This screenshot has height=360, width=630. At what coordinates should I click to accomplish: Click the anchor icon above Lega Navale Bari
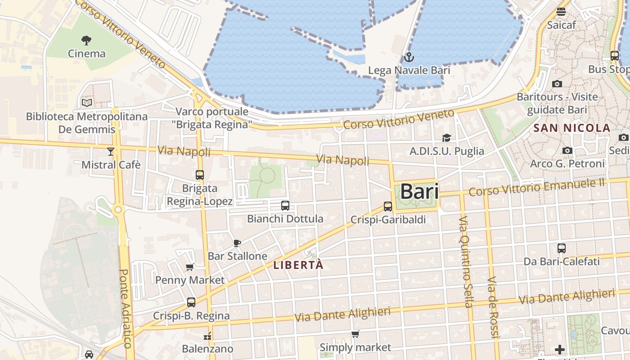coord(409,57)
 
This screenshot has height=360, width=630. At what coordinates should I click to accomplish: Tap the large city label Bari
coord(419,192)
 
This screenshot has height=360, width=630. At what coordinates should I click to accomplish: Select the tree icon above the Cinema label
coord(86,40)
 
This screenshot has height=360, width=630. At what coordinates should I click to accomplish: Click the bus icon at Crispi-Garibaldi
coord(388,207)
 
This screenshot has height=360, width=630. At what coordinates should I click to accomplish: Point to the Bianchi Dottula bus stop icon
coord(285,206)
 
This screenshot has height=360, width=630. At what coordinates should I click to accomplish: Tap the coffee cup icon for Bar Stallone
coord(237,243)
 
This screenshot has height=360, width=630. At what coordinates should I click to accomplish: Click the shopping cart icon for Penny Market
coord(190,267)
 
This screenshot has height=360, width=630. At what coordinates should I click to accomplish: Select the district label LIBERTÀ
coord(298,265)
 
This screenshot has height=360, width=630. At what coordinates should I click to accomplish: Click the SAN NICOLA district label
coord(571,128)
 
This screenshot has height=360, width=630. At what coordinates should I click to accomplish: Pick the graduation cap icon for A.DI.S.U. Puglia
coord(446,138)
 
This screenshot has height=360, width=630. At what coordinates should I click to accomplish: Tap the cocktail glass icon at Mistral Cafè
coord(111,152)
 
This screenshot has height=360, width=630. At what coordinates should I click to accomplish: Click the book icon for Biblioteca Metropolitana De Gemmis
coord(87,103)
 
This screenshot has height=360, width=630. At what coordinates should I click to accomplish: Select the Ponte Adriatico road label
coord(126,308)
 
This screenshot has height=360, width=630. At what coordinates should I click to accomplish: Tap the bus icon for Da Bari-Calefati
coord(562,248)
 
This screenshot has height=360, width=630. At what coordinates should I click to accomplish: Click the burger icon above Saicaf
coord(561,12)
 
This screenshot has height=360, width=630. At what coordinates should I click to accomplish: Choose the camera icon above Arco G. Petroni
coord(567,150)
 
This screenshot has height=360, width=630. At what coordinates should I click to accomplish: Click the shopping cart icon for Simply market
coord(355,334)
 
